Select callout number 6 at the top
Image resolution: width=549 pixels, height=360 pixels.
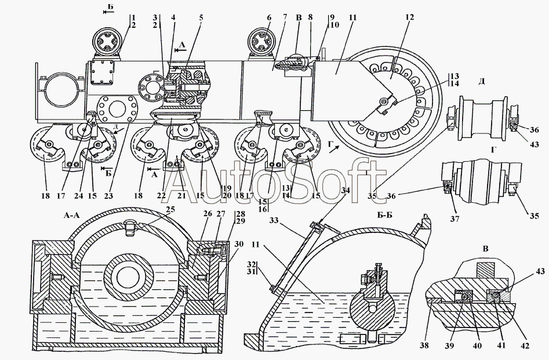(269, 17)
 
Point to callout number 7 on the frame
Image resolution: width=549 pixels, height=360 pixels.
(285, 17)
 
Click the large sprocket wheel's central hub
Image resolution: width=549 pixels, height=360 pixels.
(384, 104)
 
